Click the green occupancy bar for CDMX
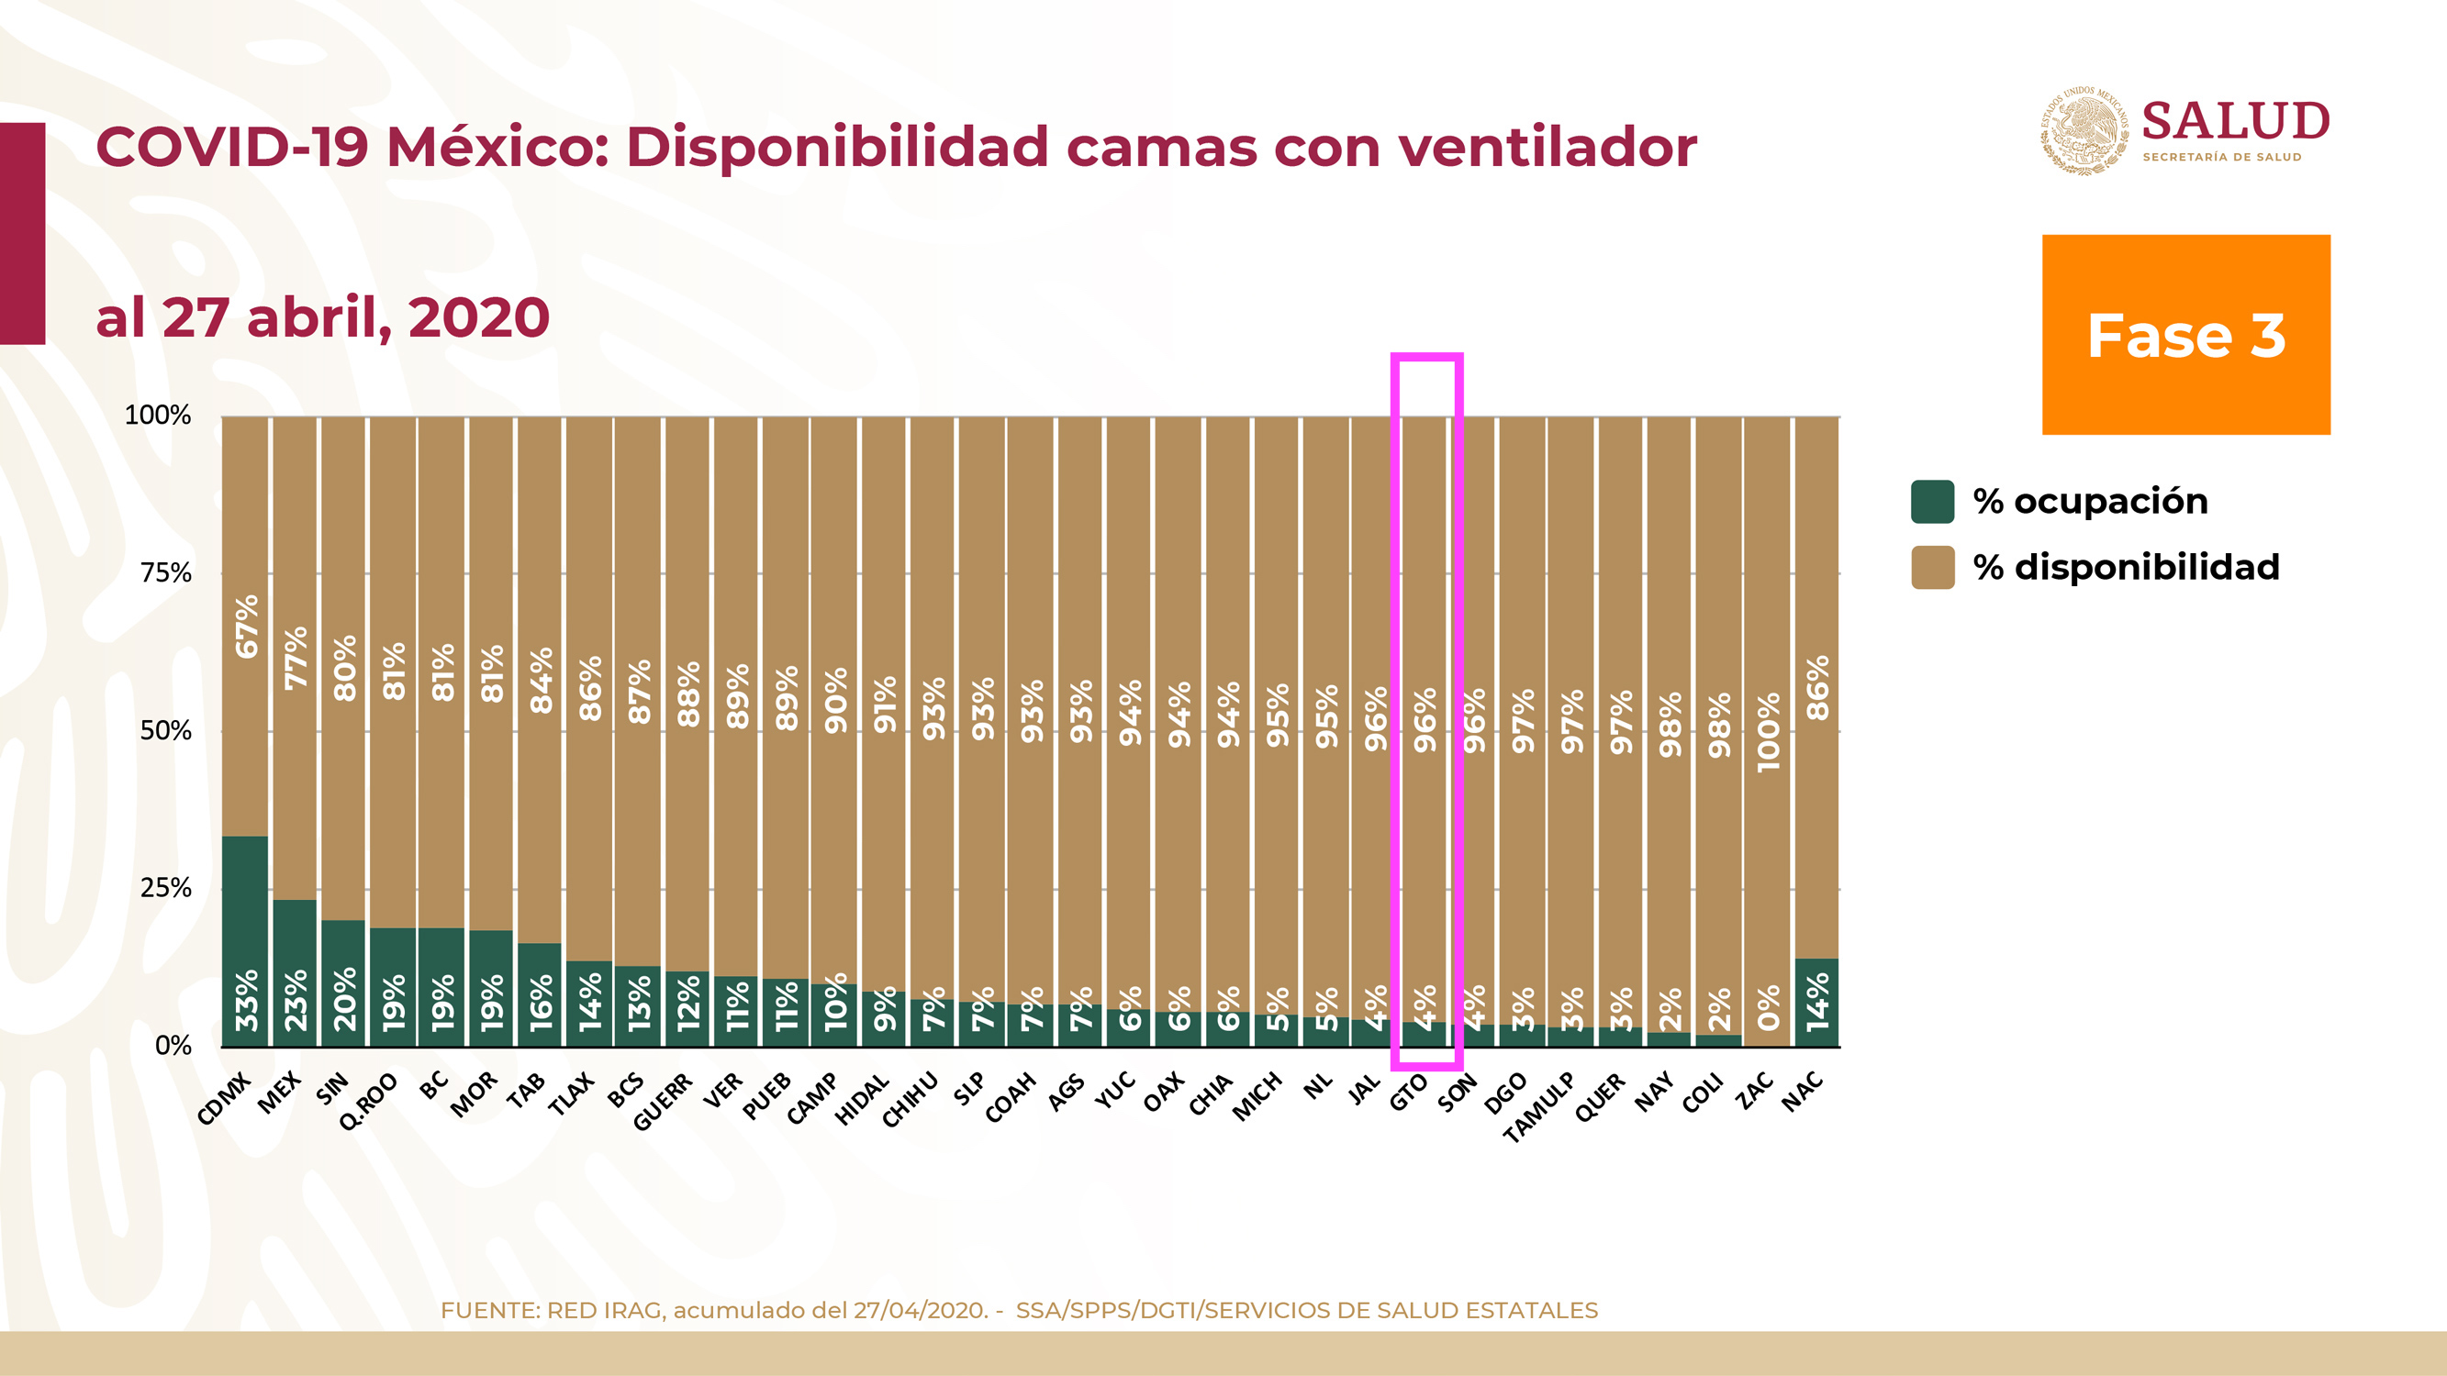[245, 940]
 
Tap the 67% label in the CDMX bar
[247, 627]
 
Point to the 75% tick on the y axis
[166, 572]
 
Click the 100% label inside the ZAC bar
[1768, 732]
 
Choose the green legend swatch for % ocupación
[1932, 502]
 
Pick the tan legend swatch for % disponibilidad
[1932, 567]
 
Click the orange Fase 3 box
[2185, 334]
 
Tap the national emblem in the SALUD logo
[2084, 130]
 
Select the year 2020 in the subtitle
[479, 317]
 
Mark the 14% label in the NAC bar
[1817, 1001]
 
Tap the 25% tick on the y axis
[166, 888]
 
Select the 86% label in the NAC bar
[1817, 689]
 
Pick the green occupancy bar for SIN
[343, 982]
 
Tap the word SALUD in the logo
[2235, 122]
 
